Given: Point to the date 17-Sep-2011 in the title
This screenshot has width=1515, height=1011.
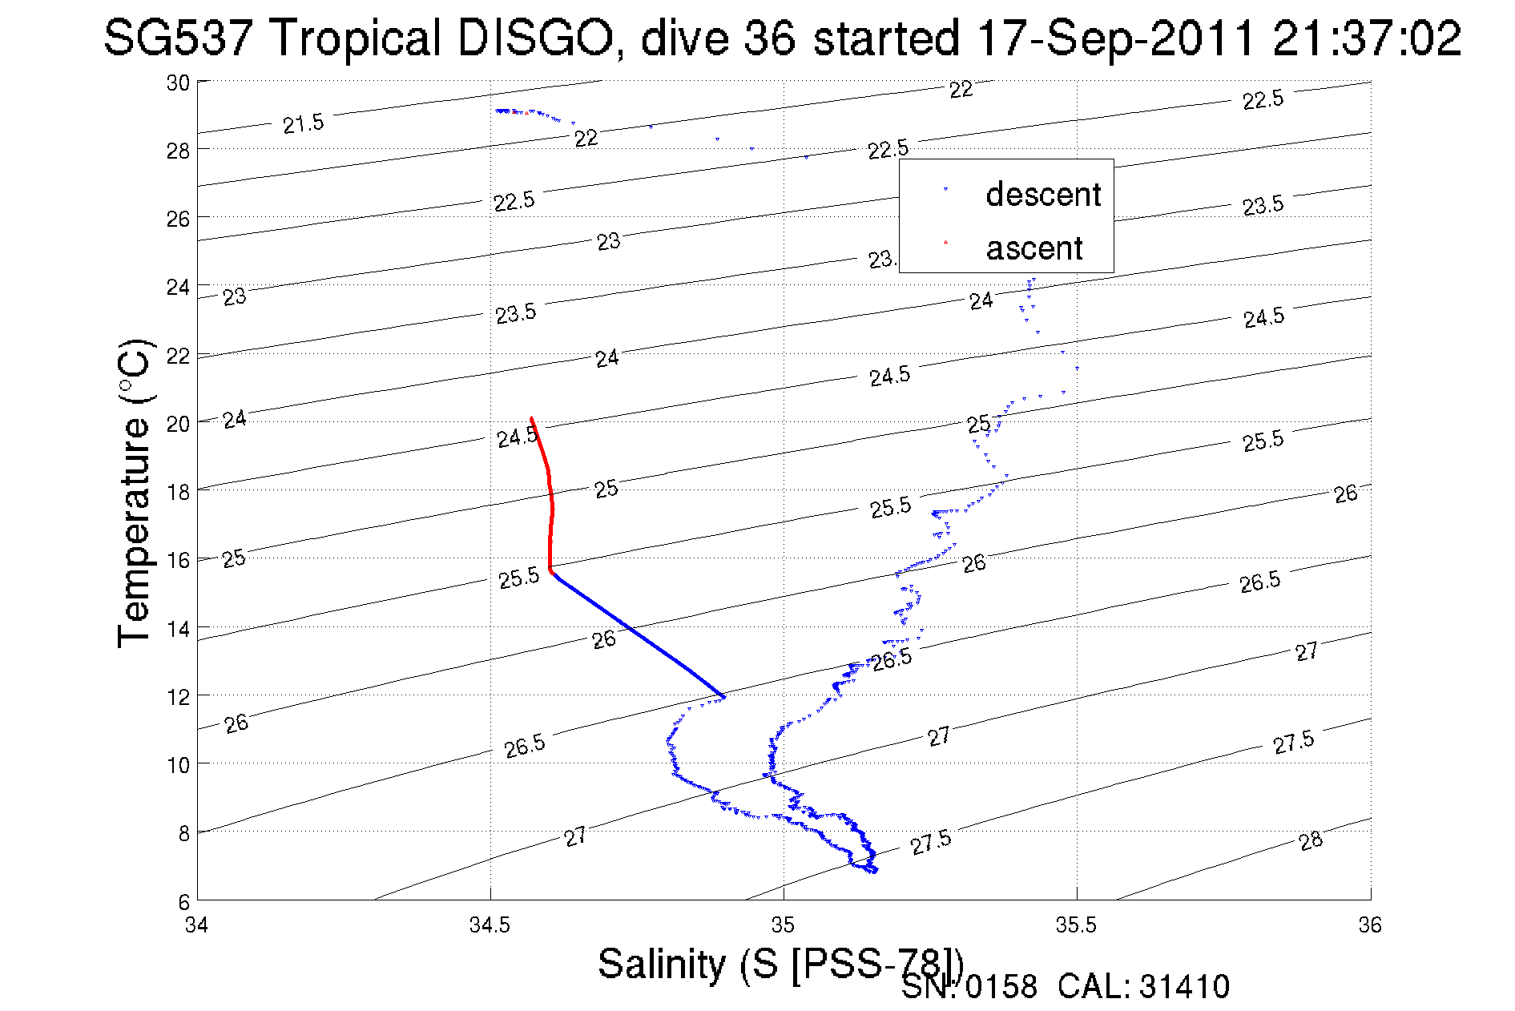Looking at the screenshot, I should coord(1116,38).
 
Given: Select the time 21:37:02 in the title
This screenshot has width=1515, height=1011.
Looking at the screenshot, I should coord(1367,38).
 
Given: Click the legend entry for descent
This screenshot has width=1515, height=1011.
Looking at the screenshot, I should coord(1042,195).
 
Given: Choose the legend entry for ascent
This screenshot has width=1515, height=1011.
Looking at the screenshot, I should coord(1034,248).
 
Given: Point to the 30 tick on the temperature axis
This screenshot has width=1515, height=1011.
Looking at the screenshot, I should coord(178,83).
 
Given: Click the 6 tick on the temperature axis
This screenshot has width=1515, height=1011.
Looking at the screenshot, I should coord(184,902).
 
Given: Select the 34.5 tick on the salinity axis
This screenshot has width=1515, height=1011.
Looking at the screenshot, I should coord(490,925).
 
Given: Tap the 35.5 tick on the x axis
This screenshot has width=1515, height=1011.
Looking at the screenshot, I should coord(1076,925).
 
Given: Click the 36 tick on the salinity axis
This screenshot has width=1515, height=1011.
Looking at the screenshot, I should coord(1369,925).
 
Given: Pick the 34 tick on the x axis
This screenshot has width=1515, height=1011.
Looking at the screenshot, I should coord(197,925).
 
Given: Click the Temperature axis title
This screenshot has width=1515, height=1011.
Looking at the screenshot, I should coord(135,493).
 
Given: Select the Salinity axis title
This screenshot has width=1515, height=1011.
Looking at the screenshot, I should coord(779,964).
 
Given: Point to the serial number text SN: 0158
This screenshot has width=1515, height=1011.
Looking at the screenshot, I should coord(969,987).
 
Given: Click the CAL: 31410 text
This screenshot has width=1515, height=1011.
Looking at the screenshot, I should coord(1143,987).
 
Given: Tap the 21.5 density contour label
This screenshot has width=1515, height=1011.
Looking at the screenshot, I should coord(304,123).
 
